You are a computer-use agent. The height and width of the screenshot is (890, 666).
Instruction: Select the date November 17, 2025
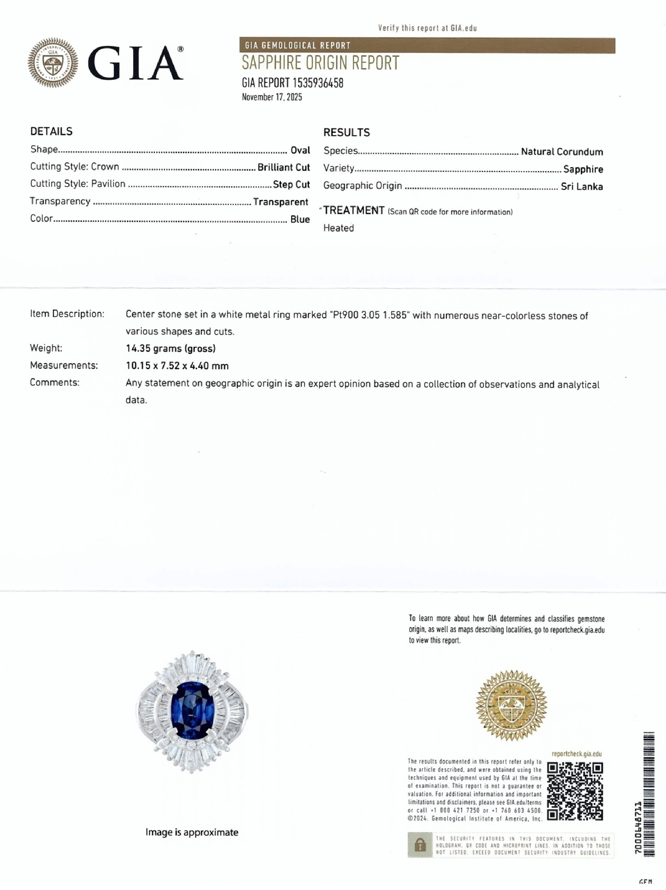(x=272, y=97)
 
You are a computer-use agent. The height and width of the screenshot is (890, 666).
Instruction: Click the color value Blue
(x=300, y=219)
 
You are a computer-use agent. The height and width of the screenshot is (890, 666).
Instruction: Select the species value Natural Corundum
(x=562, y=152)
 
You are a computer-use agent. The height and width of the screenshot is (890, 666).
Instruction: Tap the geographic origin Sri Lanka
(x=581, y=186)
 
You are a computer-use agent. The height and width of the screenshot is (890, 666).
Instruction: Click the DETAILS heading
(x=52, y=132)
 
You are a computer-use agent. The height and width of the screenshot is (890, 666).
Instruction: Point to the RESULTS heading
(x=346, y=132)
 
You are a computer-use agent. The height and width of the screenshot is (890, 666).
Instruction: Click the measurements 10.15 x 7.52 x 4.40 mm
(x=177, y=366)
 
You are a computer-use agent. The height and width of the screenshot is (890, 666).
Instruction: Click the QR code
(x=575, y=791)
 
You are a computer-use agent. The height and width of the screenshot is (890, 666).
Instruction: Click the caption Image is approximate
(x=192, y=832)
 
